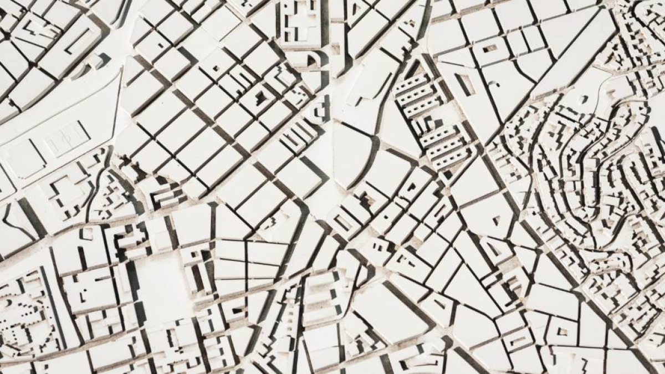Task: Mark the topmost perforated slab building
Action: click(411, 84)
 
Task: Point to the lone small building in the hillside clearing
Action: click(583, 100)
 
